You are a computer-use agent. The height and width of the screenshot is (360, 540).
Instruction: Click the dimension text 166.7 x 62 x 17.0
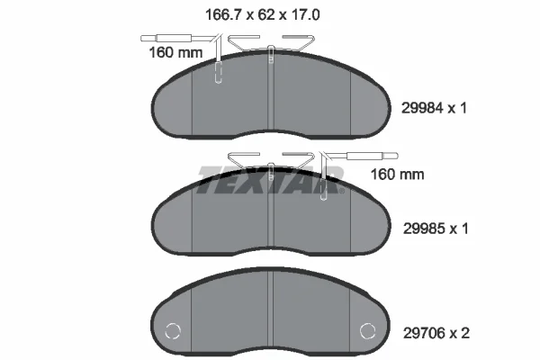coord(263,14)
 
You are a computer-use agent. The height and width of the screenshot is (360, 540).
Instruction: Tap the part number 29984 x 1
coord(434,108)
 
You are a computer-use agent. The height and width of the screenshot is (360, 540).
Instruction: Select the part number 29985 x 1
coord(436,228)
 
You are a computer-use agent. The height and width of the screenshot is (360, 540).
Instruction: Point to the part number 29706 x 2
coord(436,333)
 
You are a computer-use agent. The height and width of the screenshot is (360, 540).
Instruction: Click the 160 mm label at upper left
coord(175,53)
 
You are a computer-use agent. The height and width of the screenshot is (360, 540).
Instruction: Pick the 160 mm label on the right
coord(397,175)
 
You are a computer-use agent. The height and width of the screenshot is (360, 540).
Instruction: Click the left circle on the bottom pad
coord(172,331)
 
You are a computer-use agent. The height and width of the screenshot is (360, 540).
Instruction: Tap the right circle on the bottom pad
coord(367,331)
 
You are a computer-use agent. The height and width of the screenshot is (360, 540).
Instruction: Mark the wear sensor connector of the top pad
coord(166,38)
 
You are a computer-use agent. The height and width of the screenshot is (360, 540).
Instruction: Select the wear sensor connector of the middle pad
coord(373,156)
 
